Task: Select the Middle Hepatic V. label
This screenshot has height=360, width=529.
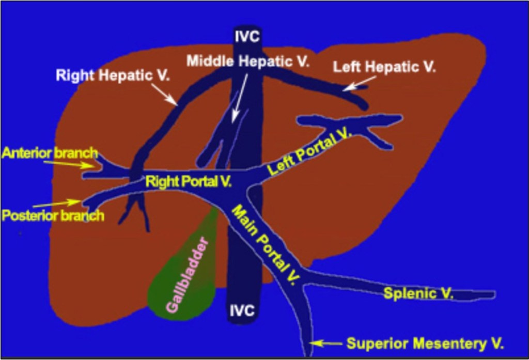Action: click(248, 61)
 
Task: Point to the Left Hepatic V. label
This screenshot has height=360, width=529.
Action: click(384, 67)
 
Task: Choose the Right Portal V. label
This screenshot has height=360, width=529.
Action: click(188, 181)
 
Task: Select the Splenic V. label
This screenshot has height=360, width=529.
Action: click(418, 294)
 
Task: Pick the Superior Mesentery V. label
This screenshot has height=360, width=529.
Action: click(425, 343)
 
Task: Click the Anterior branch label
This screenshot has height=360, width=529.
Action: click(50, 153)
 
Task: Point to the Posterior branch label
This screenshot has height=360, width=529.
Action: click(53, 215)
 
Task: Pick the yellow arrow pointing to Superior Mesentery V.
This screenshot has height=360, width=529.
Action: click(326, 342)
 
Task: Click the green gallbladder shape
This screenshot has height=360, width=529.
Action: click(181, 289)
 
